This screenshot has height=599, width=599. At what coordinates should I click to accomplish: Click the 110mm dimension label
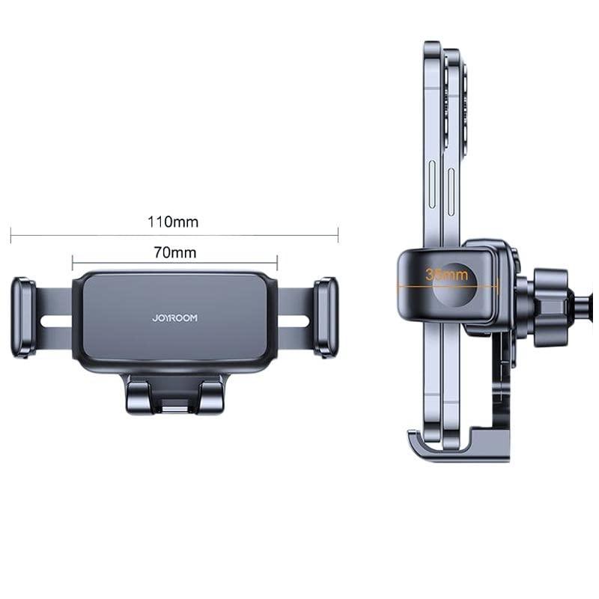pos(173,222)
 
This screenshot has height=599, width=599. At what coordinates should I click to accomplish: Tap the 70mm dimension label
pos(174,252)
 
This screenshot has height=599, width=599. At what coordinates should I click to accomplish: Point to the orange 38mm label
pos(447,274)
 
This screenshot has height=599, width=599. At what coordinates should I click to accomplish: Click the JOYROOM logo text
pos(174,318)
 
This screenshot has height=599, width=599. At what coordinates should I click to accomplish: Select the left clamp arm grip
pos(22,317)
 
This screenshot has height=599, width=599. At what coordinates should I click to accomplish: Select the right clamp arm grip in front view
pos(326,317)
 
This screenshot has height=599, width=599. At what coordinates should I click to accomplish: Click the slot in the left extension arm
pos(56,321)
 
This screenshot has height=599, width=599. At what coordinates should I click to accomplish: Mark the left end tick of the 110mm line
pos(11,235)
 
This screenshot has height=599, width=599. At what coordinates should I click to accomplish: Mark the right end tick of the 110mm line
pos(338,235)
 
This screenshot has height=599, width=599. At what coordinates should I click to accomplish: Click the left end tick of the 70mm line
pos(73,262)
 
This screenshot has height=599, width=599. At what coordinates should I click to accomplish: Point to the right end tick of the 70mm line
pos(277,262)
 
